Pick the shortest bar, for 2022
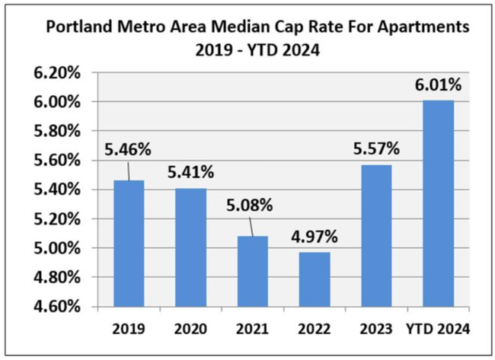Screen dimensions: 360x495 tap(314, 279)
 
